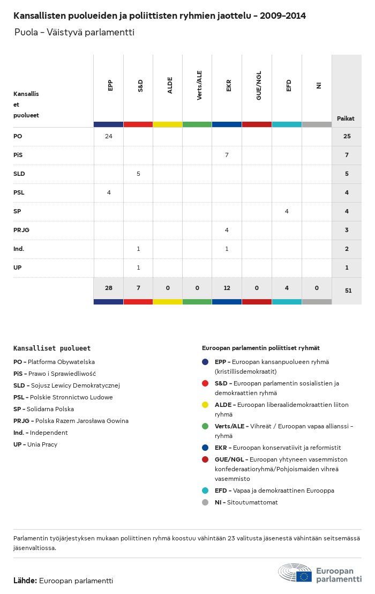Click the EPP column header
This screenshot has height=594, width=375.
coord(110,85)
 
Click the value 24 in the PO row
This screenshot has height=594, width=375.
coord(109,136)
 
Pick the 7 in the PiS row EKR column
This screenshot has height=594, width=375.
coord(227,155)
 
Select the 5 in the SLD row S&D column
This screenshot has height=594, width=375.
coord(138,174)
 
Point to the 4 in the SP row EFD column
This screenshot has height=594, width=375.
coord(287,211)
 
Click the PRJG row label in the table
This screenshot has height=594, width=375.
coord(21,230)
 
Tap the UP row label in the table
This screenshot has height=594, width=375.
coord(18,268)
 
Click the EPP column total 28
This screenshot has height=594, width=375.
coord(109,288)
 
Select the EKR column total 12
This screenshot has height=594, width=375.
coord(227,288)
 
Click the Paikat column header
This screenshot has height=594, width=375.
coord(346,118)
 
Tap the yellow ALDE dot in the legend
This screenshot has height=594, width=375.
coord(205,405)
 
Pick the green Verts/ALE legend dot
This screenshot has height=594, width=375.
coord(205,426)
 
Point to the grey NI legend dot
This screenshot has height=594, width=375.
coord(205,502)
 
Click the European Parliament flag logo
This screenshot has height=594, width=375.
coord(304,576)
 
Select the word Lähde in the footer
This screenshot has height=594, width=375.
coord(25,581)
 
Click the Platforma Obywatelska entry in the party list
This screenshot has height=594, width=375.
coord(54,362)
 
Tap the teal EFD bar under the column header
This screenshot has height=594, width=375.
coord(287,124)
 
